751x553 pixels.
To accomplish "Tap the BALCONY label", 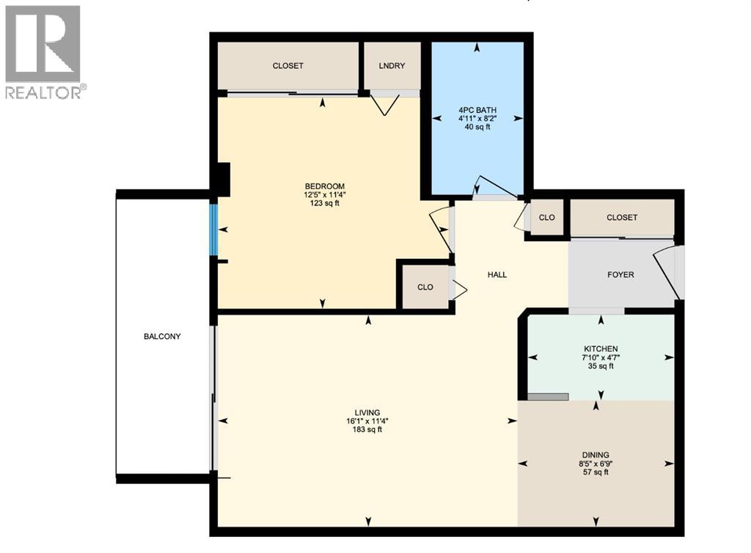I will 162,337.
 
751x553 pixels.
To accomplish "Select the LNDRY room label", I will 392,66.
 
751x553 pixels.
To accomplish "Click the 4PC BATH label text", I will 477,110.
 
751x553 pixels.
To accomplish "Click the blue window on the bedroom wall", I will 214,230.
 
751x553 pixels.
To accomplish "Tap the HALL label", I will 497,275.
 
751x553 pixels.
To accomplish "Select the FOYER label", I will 620,275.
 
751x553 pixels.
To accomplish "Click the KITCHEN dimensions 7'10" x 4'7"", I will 601,358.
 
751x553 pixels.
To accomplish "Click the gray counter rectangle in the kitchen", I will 548,397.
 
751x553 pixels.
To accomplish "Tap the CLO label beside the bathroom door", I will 546,218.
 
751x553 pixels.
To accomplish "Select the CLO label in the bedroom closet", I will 425,288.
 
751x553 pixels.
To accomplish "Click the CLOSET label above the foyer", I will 622,218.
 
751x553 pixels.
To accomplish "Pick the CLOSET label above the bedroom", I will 287,66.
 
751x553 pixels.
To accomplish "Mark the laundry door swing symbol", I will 384,104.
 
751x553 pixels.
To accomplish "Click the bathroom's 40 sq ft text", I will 477,127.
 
